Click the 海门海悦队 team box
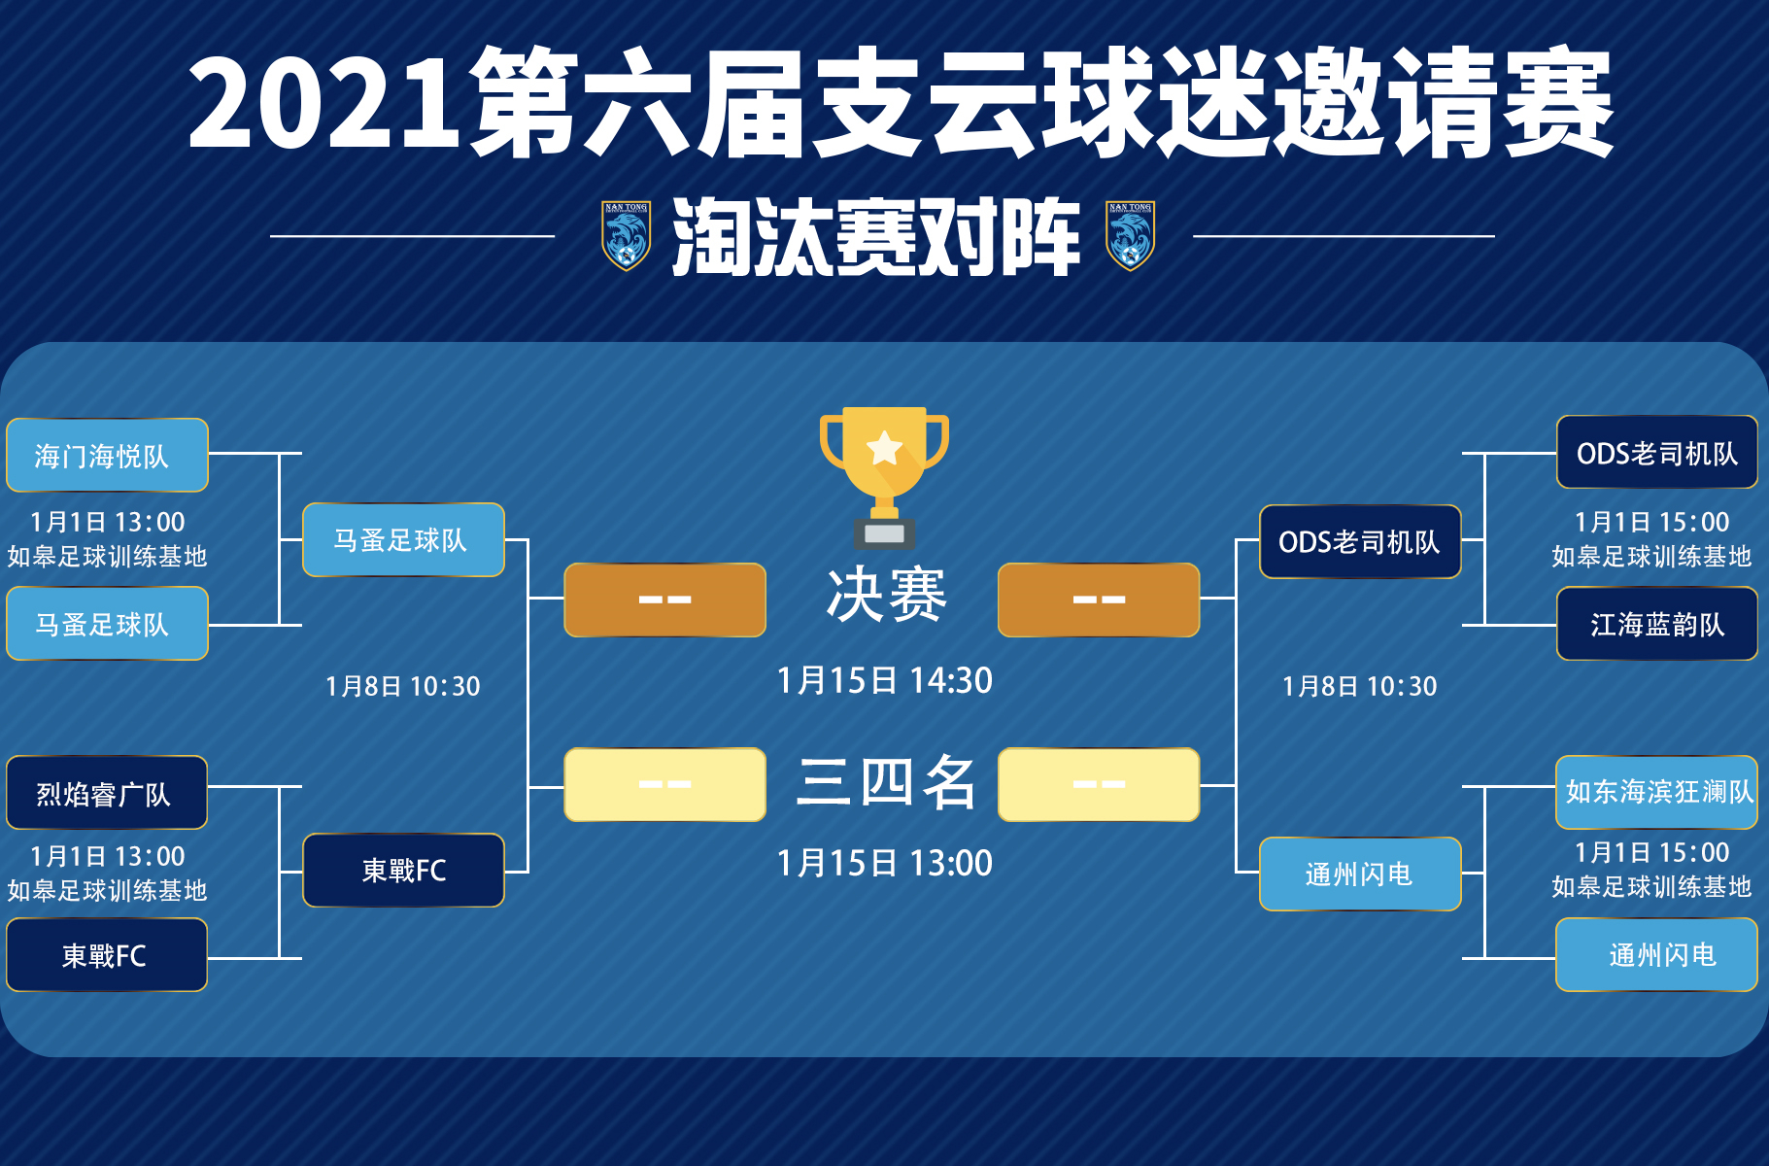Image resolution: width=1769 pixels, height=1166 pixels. [x=107, y=455]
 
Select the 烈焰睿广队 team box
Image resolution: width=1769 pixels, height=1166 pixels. [x=107, y=793]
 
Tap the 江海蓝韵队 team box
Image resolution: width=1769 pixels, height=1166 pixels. [x=1657, y=624]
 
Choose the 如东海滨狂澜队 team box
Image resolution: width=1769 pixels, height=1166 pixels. [x=1657, y=792]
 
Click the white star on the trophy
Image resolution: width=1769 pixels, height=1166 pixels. [x=884, y=449]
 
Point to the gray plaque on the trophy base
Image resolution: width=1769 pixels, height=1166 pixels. [x=884, y=533]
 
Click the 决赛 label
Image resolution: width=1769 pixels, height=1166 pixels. [x=886, y=595]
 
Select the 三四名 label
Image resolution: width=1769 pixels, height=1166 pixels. [x=886, y=782]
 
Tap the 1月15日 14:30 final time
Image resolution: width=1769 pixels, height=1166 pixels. [x=885, y=680]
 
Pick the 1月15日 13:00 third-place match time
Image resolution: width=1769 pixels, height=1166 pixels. [x=885, y=863]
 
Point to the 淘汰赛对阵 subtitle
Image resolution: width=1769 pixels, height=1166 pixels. [x=876, y=236]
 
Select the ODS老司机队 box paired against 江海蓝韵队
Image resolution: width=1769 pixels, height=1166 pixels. [x=1657, y=453]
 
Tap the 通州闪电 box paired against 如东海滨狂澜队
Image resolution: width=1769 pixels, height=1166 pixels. [x=1657, y=955]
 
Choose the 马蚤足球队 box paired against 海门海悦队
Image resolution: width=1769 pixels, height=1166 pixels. [x=107, y=624]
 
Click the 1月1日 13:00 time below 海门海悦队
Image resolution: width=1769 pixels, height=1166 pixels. [x=108, y=522]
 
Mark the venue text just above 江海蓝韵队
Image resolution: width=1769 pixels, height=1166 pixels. [x=1651, y=556]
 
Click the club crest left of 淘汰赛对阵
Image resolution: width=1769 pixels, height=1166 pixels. [x=626, y=235]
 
